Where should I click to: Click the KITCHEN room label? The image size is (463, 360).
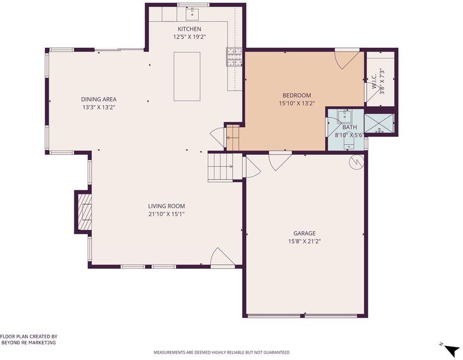click(189, 29)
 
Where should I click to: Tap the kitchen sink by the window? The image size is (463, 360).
click(192, 13)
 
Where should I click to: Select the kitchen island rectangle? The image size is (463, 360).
click(187, 76)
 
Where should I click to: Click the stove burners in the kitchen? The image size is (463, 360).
click(234, 56)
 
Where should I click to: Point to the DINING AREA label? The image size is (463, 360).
click(99, 100)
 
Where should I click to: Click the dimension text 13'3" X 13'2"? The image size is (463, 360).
click(98, 107)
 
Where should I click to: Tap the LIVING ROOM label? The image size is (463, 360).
click(166, 206)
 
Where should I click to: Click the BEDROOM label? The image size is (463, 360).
click(297, 95)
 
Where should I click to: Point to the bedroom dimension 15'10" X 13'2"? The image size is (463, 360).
click(297, 103)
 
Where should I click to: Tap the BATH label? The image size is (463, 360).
click(350, 127)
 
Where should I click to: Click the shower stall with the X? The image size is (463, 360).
click(379, 124)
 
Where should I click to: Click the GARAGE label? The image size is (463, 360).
click(304, 233)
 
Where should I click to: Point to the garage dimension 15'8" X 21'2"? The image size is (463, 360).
click(304, 241)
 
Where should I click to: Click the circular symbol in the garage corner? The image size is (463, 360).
click(356, 162)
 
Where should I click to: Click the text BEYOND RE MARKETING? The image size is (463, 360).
click(29, 343)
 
